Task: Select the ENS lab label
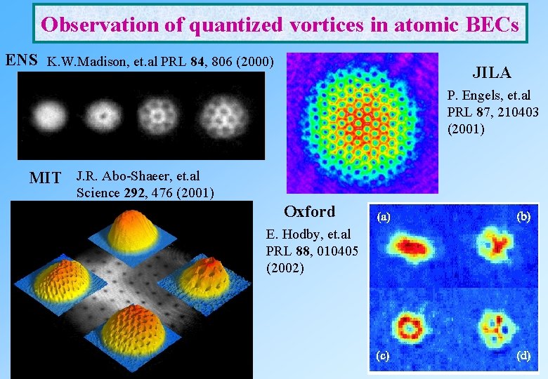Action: (21, 60)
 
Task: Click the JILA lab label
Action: (491, 73)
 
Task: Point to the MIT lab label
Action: (45, 178)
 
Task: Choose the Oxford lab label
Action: (309, 211)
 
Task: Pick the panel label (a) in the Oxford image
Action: (384, 218)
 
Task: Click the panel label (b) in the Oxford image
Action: (523, 217)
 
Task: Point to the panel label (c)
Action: (384, 355)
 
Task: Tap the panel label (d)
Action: (523, 355)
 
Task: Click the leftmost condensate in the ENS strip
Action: (48, 113)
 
